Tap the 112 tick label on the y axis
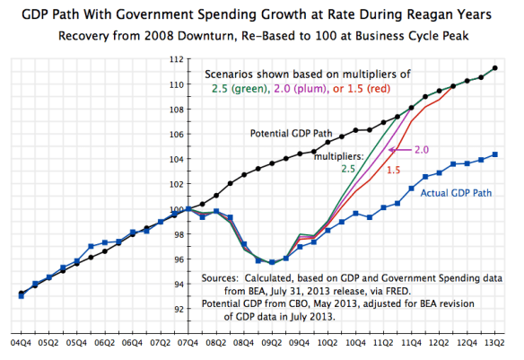[x=175, y=59]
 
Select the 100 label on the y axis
[x=175, y=209]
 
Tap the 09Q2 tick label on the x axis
[x=272, y=342]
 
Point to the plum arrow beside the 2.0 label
[x=399, y=151]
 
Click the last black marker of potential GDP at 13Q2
[x=496, y=67]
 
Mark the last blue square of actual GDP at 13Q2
[x=496, y=154]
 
